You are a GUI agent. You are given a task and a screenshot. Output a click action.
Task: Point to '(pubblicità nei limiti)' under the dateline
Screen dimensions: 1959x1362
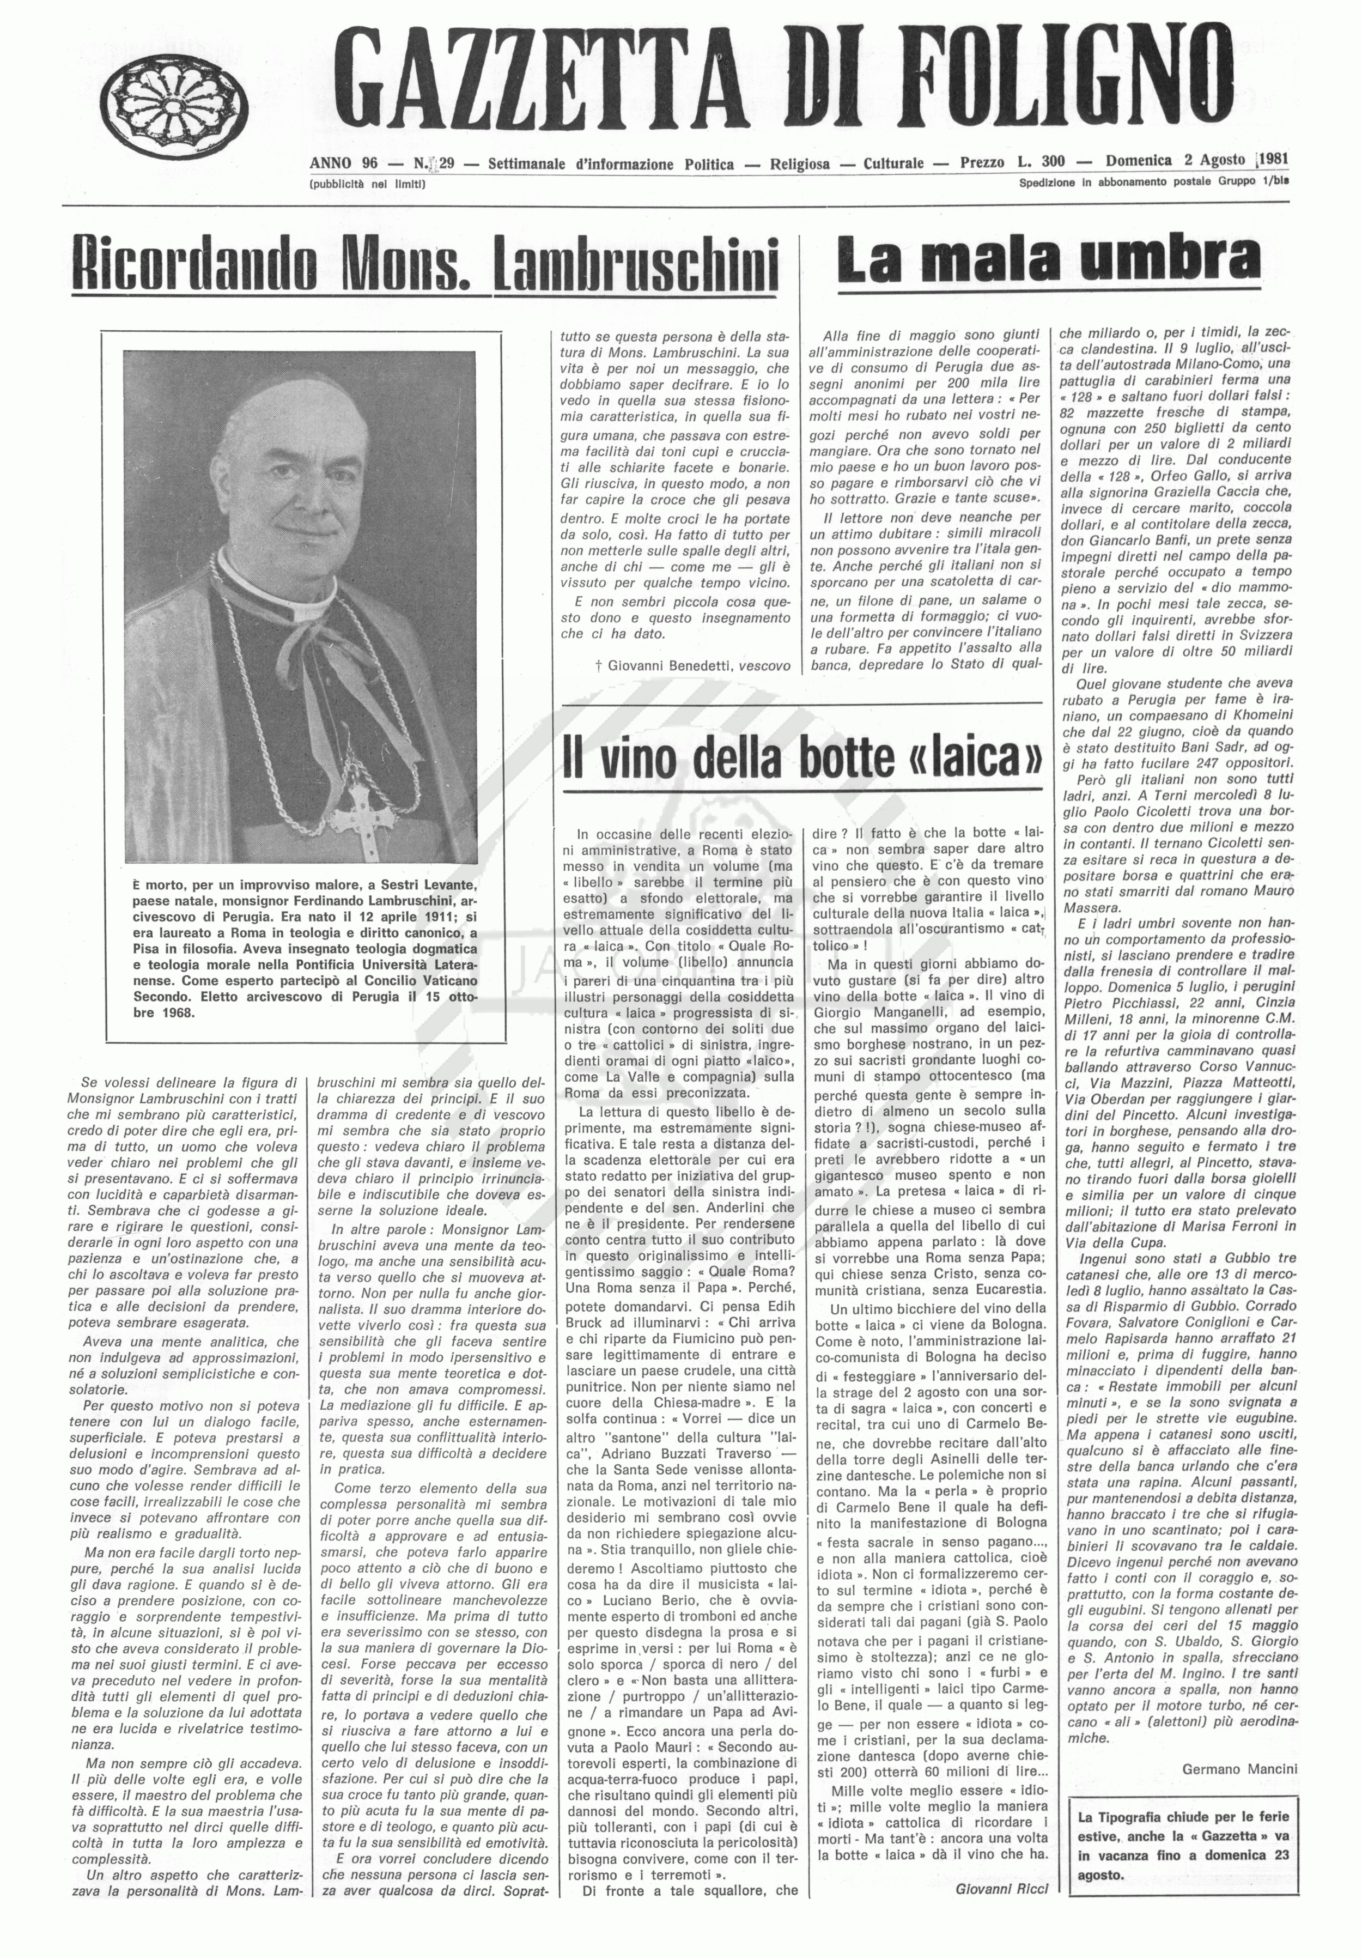click(x=368, y=184)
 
